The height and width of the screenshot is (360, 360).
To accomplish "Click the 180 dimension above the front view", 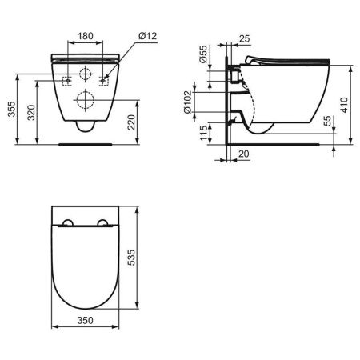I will pos(86,36).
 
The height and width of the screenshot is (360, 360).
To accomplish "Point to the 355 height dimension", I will pos(10,110).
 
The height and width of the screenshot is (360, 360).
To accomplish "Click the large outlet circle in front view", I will pos(86,100).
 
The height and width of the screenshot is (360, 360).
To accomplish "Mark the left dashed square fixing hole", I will pos(67,80).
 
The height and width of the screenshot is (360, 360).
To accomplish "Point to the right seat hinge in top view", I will pos(103,224).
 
